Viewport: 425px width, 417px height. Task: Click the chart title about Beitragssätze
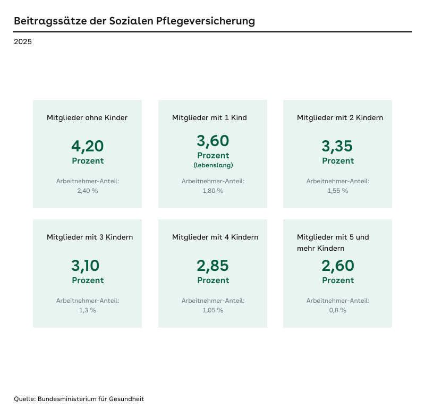pos(134,21)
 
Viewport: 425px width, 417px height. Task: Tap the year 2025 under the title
pos(23,41)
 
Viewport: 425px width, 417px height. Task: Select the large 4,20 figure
pos(88,146)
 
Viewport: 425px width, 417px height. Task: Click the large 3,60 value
pos(213,141)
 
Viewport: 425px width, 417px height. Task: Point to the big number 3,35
pos(338,146)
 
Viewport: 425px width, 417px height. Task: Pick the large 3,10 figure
pos(88,266)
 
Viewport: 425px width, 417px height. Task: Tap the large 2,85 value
pos(213,266)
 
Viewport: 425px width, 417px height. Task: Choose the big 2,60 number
pos(338,266)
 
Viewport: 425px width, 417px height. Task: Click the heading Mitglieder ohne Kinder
pos(87,117)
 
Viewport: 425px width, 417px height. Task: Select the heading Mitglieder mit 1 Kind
pos(209,117)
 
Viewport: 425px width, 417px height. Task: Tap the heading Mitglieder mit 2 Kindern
pos(340,117)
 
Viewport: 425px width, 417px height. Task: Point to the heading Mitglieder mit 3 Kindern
pos(90,237)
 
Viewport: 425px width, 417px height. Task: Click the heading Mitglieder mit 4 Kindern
pos(215,237)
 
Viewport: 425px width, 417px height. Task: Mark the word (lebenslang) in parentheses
pos(213,165)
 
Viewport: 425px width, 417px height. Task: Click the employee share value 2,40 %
pos(88,191)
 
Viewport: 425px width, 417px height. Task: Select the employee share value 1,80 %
pos(213,191)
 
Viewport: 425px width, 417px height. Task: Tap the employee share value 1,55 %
pos(338,191)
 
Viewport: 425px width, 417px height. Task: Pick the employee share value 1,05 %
pos(213,310)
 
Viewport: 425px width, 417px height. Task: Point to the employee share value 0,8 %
pos(338,310)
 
